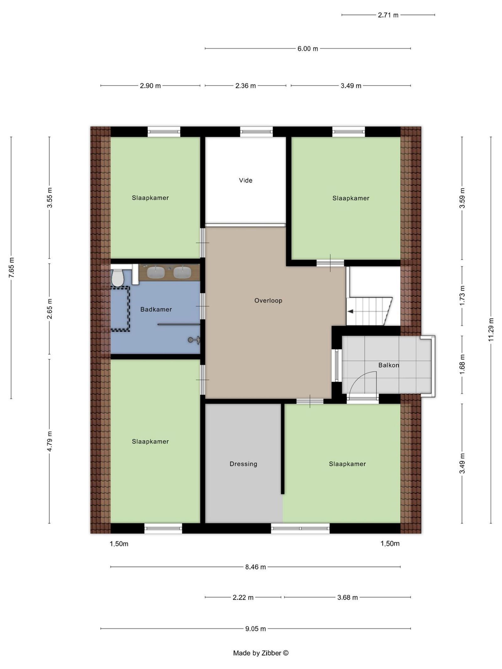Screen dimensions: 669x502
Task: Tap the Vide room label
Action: (x=245, y=180)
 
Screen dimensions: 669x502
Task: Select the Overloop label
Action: (x=268, y=300)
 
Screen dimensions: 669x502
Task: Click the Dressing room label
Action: (x=243, y=464)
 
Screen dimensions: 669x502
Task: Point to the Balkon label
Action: (x=388, y=365)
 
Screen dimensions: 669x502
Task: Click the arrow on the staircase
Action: (x=350, y=311)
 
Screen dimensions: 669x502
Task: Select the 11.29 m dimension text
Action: (x=491, y=330)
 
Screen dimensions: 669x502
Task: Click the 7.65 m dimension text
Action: (x=12, y=267)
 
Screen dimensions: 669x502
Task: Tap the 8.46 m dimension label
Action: (x=255, y=567)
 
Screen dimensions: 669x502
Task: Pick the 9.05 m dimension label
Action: (x=255, y=629)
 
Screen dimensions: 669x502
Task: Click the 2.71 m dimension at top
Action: (x=388, y=15)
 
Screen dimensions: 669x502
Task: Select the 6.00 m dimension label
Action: (x=307, y=49)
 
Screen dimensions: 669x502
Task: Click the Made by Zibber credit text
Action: (x=260, y=653)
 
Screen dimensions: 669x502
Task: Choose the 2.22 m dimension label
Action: (x=243, y=597)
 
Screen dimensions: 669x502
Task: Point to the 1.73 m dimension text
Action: (x=462, y=296)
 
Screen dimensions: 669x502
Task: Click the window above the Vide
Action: (x=256, y=132)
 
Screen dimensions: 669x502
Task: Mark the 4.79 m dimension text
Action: (x=50, y=441)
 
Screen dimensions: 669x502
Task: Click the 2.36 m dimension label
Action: (x=245, y=86)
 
